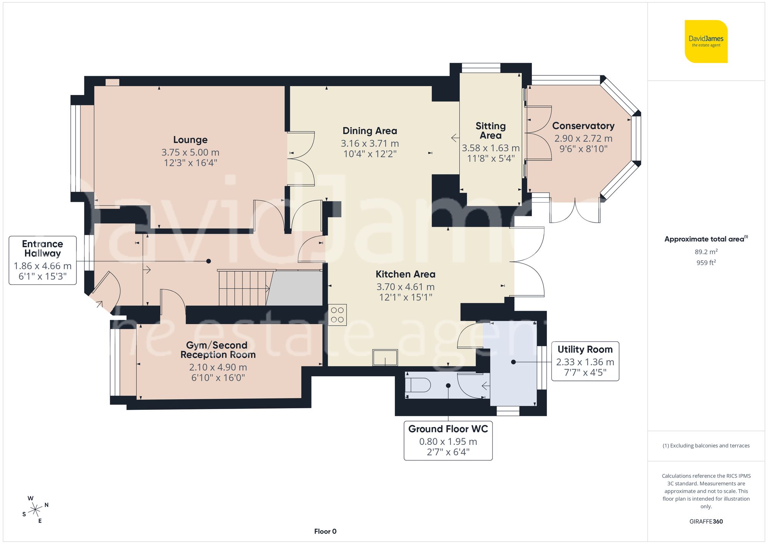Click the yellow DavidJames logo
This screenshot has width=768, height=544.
click(x=706, y=42)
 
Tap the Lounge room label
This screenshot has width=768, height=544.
click(x=190, y=140)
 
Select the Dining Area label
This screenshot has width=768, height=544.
click(x=369, y=131)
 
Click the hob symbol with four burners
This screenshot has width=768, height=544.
click(x=337, y=315)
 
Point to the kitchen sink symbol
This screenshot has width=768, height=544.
click(x=385, y=358)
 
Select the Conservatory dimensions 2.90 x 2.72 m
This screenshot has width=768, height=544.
click(x=583, y=138)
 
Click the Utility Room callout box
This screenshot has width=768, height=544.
click(x=585, y=361)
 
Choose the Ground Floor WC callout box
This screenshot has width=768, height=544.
click(x=448, y=440)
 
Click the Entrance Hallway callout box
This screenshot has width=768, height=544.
click(x=43, y=260)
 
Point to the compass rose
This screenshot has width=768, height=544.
click(x=35, y=510)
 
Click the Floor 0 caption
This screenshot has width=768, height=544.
click(x=325, y=531)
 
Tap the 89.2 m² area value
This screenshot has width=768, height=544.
click(x=706, y=252)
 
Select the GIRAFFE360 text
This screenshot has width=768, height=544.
click(x=706, y=521)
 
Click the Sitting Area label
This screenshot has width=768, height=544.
click(x=490, y=131)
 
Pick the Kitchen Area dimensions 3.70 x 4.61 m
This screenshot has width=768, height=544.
click(x=405, y=287)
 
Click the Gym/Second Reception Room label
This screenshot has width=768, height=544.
click(x=218, y=350)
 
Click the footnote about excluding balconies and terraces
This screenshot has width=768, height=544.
click(x=706, y=446)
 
